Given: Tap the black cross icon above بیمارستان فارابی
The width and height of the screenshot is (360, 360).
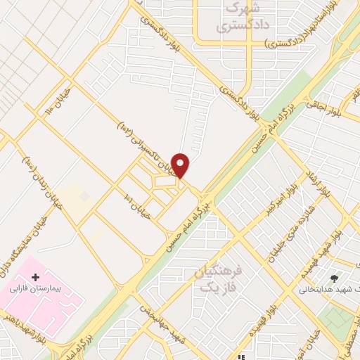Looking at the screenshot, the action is coord(36,278).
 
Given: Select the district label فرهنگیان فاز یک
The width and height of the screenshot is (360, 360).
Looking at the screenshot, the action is coord(210,279).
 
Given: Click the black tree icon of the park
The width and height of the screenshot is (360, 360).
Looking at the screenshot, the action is coord(345,279).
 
